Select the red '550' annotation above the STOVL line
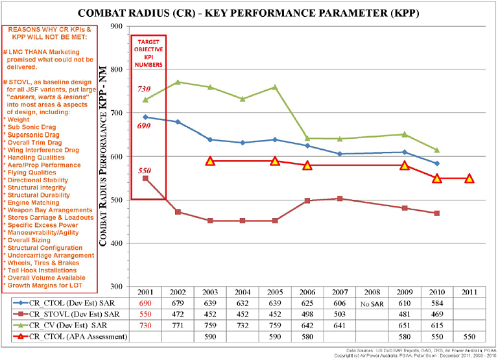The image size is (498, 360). point(144,170)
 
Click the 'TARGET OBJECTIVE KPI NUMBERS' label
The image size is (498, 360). point(148,53)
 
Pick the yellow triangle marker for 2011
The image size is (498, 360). point(469,178)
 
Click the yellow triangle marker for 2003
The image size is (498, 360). point(210,161)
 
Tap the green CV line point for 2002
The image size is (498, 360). point(178,82)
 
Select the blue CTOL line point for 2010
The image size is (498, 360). point(437,163)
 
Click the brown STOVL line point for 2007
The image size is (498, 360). point(340,198)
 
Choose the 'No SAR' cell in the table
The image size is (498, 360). point(372,304)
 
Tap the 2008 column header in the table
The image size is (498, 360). point(372,293)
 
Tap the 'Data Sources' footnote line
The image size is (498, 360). point(421,350)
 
